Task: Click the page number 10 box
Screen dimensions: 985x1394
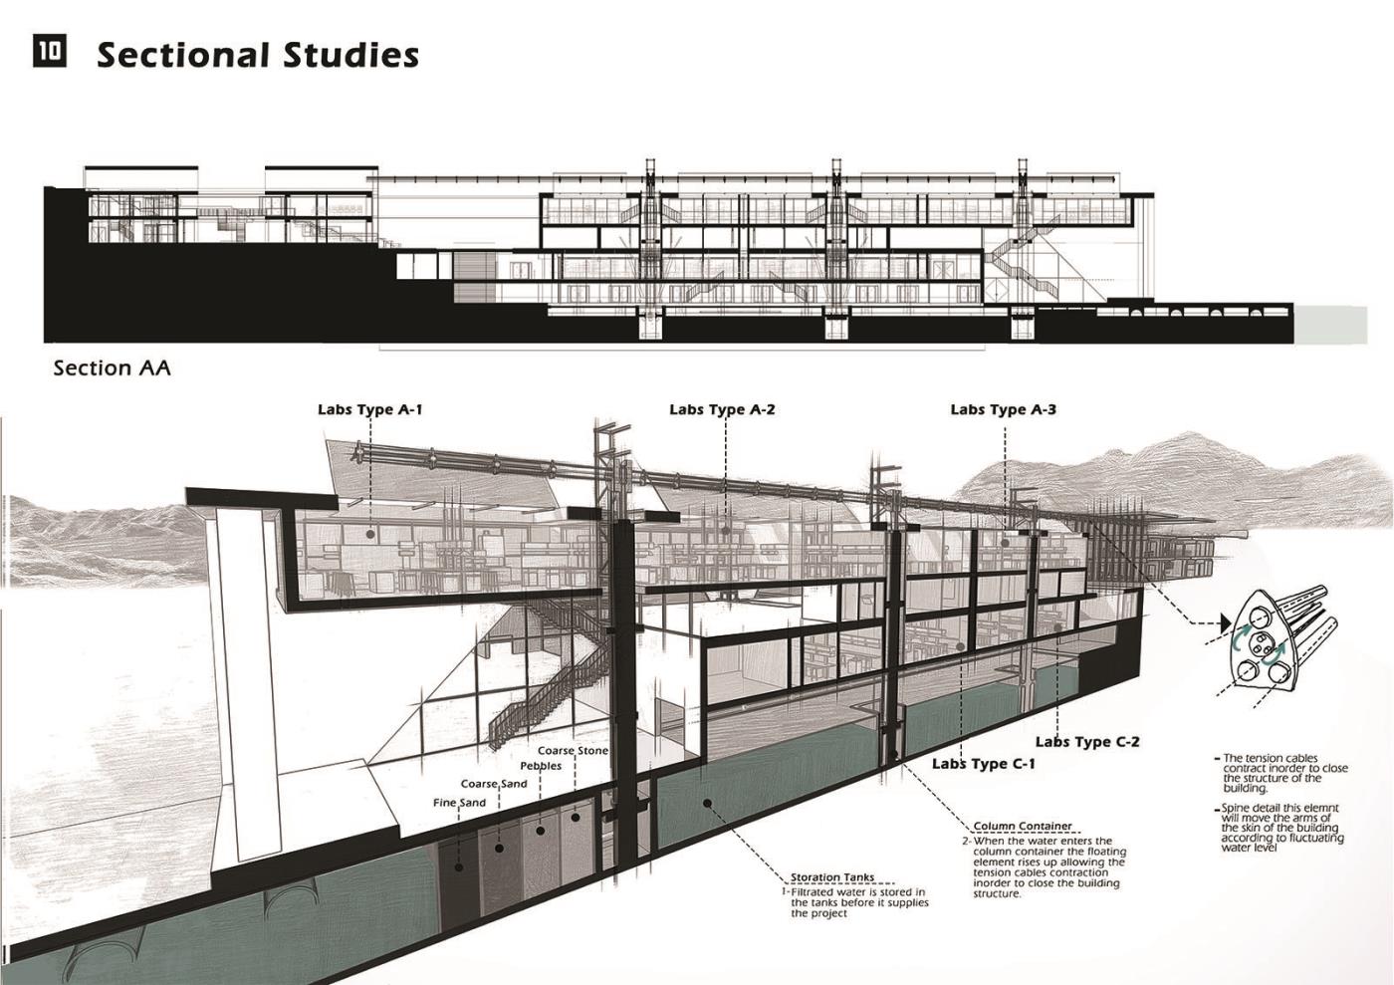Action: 50,52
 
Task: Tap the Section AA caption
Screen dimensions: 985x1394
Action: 112,369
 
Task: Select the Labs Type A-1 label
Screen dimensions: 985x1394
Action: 370,409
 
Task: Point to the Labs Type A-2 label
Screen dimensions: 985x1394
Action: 722,409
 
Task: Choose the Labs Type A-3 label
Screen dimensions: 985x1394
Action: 1003,409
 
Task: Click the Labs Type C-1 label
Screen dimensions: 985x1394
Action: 984,764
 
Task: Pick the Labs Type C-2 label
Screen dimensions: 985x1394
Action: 1087,742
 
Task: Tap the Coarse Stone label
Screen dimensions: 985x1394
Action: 573,751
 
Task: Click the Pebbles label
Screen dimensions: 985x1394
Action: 541,766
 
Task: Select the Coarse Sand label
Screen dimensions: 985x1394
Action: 494,784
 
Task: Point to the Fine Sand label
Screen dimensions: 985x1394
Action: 459,803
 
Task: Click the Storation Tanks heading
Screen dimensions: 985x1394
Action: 832,877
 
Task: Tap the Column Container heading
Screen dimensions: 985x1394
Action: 1023,826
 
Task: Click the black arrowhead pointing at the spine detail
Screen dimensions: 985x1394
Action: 1225,624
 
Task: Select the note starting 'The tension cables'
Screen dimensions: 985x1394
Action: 1284,773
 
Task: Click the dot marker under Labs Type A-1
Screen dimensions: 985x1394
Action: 370,534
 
